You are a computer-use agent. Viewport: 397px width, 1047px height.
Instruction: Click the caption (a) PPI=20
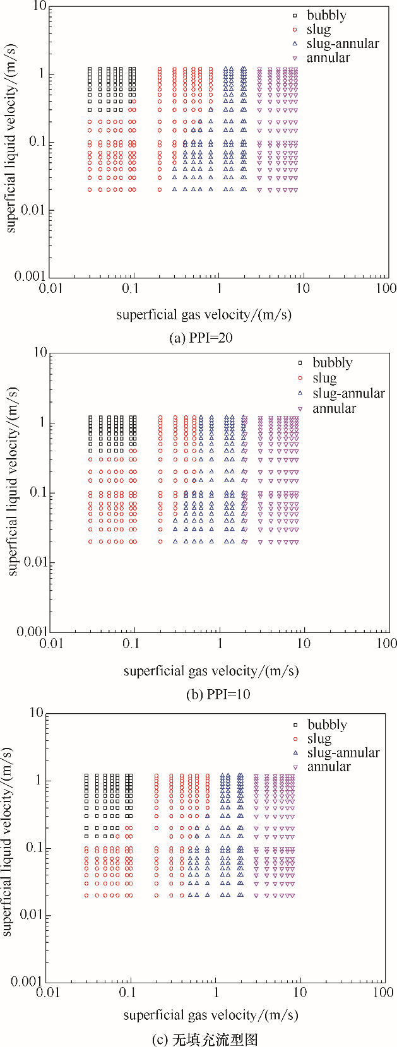201,338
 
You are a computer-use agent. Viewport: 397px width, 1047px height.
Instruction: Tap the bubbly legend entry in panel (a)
326,15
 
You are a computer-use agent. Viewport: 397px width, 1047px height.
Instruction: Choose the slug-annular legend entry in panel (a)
343,44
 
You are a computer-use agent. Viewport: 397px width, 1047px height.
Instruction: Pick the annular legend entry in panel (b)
335,408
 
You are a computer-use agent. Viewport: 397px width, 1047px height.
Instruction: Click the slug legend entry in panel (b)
324,378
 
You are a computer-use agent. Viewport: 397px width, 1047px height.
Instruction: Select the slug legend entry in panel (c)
319,738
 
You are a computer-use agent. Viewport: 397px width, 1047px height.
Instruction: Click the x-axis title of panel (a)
204,314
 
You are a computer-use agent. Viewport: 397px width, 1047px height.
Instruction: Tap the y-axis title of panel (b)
12,481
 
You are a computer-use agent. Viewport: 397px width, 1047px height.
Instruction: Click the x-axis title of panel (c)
211,1015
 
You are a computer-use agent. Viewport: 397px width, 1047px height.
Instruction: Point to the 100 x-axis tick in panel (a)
387,288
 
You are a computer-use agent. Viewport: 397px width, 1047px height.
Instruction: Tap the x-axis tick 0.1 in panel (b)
131,643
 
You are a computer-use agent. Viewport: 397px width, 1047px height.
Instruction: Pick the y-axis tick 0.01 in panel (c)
25,915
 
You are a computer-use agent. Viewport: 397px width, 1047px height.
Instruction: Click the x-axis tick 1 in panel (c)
216,992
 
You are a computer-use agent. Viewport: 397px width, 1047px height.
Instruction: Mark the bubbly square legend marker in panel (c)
295,725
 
